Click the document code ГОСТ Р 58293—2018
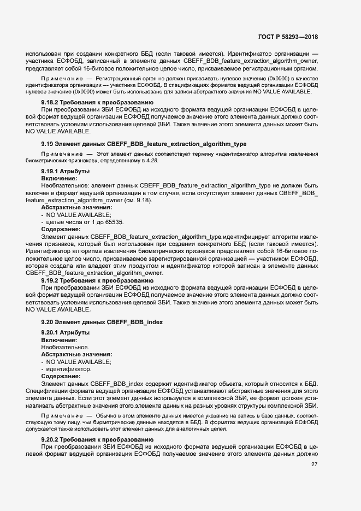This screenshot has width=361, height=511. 288,37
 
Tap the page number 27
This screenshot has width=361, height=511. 314,465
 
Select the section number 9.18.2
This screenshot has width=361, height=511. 52,102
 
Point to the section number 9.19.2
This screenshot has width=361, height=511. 52,280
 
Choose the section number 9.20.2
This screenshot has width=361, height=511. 52,439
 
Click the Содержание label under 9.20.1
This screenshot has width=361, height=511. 61,376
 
